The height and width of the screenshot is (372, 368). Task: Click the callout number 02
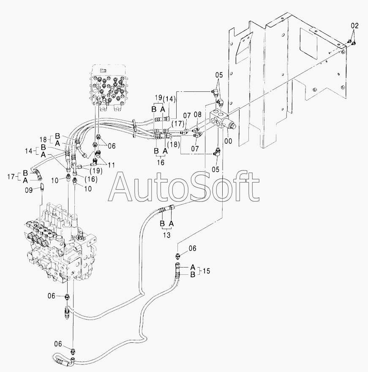coord(354,26)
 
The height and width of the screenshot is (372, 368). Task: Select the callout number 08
coord(198,114)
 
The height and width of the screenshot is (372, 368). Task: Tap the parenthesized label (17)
coord(177,125)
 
